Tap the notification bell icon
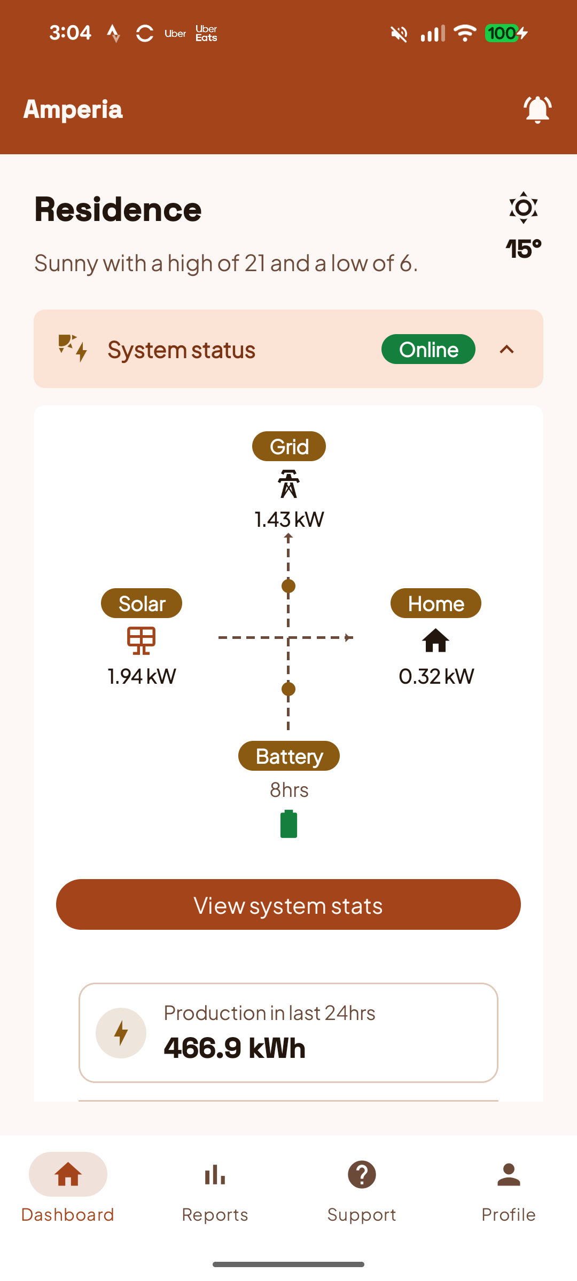[537, 109]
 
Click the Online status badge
[428, 349]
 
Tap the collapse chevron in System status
[506, 350]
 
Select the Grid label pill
[289, 446]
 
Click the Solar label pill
[142, 603]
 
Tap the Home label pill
[436, 603]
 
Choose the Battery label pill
[289, 756]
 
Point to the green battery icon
[288, 824]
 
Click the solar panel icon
[141, 640]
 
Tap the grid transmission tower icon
[288, 484]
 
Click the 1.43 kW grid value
[289, 519]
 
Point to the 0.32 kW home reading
[436, 676]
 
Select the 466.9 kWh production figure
[235, 1048]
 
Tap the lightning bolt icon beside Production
[121, 1033]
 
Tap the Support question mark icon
[362, 1175]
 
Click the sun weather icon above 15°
[524, 207]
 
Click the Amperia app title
[73, 109]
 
